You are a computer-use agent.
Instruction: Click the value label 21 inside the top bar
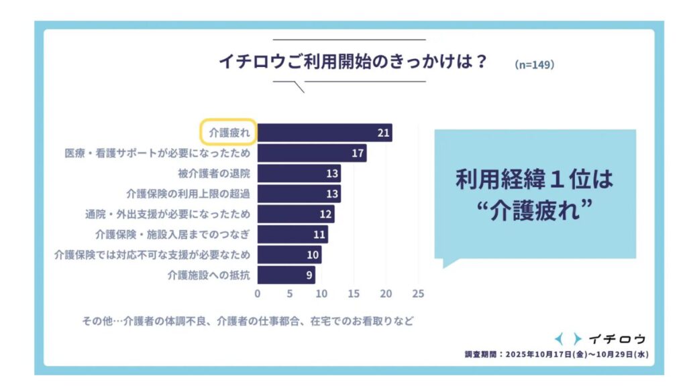click(x=383, y=133)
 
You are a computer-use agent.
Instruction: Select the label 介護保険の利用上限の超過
click(x=188, y=194)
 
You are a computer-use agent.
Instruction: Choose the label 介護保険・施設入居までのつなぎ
click(x=173, y=235)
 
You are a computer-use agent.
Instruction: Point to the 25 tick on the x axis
click(x=419, y=294)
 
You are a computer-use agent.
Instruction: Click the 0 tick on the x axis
click(x=258, y=294)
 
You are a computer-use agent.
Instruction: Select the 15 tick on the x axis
click(x=354, y=294)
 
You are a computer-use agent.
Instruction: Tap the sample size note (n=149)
click(x=534, y=65)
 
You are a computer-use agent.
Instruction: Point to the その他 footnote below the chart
click(x=246, y=321)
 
